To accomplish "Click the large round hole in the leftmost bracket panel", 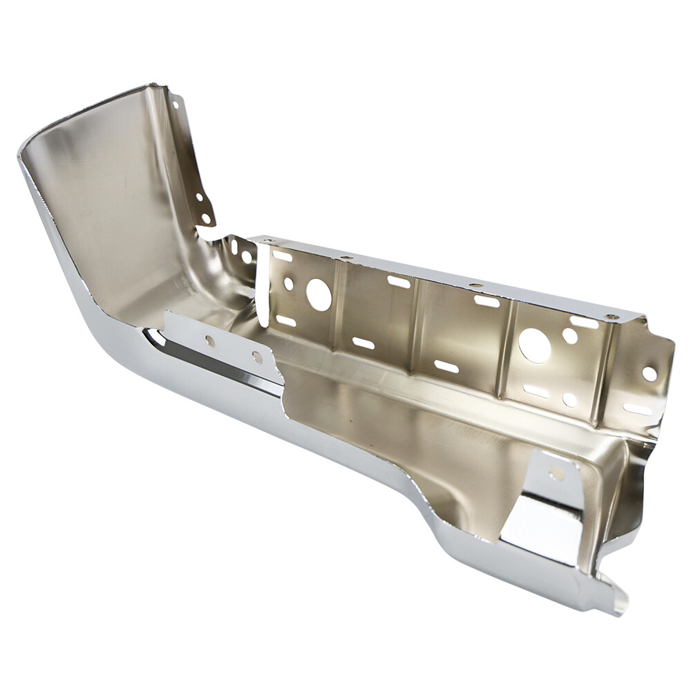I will point(319,294).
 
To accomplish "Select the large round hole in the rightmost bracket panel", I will point(535,345).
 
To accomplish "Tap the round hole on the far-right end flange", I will point(649,373).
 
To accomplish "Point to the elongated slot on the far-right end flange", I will point(637,409).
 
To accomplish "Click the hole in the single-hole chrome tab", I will point(556,473).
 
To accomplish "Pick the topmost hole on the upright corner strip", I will point(176,105).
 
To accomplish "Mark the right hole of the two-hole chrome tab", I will point(257,357).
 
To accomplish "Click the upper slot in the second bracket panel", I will point(399,282).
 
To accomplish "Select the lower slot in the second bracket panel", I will point(363,343).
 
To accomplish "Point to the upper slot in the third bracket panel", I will point(486,301).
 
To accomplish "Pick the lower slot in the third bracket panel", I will point(446,366).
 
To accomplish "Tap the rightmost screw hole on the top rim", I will point(610,316).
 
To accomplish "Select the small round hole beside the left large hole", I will point(289,283).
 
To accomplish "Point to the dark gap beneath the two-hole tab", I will point(207,359).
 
